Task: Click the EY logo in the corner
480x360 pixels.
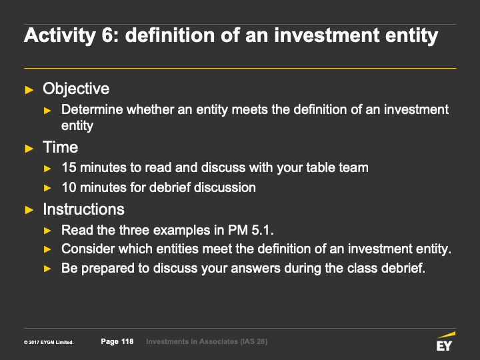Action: (x=446, y=341)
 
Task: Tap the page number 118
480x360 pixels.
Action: (x=127, y=341)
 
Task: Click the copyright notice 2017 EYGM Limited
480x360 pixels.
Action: (x=49, y=342)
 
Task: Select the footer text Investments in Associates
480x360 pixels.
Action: (x=192, y=341)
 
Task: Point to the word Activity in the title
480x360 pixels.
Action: (x=60, y=35)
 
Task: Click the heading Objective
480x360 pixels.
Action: (x=76, y=89)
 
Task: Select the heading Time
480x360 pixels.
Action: (x=60, y=147)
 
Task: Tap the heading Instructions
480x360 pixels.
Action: (x=83, y=209)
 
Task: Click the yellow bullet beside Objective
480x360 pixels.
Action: (x=29, y=90)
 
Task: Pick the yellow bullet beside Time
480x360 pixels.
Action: (x=29, y=149)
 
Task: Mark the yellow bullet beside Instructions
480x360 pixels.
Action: (x=29, y=210)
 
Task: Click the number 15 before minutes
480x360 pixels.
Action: (x=69, y=168)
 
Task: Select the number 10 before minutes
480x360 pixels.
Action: (x=69, y=187)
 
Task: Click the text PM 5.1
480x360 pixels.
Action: (x=251, y=230)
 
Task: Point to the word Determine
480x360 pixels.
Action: (x=92, y=109)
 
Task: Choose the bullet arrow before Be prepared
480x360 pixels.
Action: (x=47, y=269)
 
